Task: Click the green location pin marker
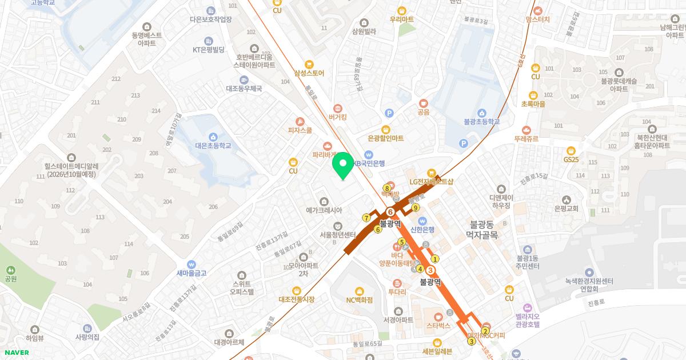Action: pyautogui.click(x=343, y=165)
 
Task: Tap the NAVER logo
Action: pyautogui.click(x=16, y=352)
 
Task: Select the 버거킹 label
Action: pyautogui.click(x=338, y=117)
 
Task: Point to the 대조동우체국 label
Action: pyautogui.click(x=244, y=89)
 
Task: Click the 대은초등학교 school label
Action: pyautogui.click(x=213, y=146)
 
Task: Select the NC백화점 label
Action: pyautogui.click(x=359, y=299)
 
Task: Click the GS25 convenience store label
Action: pyautogui.click(x=571, y=159)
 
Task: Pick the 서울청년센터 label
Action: pyautogui.click(x=337, y=234)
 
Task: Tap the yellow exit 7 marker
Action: pyautogui.click(x=366, y=218)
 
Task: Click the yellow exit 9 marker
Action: pyautogui.click(x=416, y=207)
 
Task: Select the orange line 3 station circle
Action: pyautogui.click(x=431, y=270)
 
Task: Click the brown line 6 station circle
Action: pyautogui.click(x=390, y=213)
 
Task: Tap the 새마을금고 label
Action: pyautogui.click(x=192, y=273)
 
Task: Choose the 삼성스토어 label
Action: pyautogui.click(x=309, y=73)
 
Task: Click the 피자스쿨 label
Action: pyautogui.click(x=300, y=130)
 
